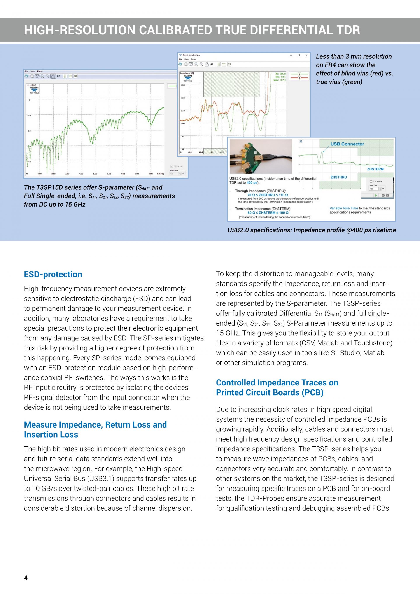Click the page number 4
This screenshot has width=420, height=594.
click(x=26, y=578)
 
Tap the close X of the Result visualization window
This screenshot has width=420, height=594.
click(x=306, y=55)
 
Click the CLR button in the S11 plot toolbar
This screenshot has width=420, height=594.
click(x=75, y=76)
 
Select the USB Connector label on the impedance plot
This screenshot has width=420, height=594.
click(x=347, y=144)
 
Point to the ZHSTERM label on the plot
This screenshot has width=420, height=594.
click(x=375, y=169)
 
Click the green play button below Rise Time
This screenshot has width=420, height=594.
click(x=376, y=195)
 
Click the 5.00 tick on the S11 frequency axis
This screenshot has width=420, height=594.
click(x=95, y=174)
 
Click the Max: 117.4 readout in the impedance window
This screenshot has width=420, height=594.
click(x=279, y=80)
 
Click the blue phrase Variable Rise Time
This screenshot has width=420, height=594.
click(x=343, y=208)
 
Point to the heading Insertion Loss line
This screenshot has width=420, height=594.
click(x=51, y=435)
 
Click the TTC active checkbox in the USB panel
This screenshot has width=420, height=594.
click(x=371, y=182)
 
